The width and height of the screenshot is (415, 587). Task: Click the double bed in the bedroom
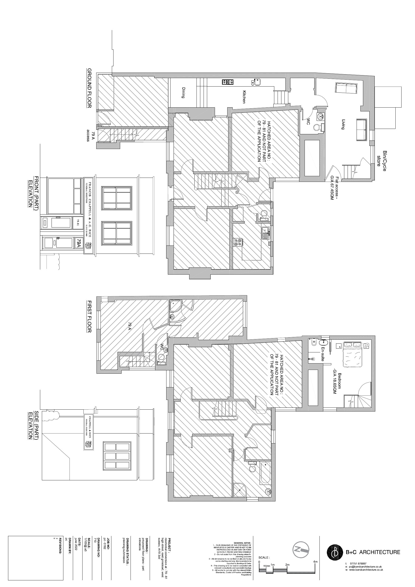click(353, 353)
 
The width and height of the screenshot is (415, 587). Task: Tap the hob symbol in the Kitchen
click(227, 82)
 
